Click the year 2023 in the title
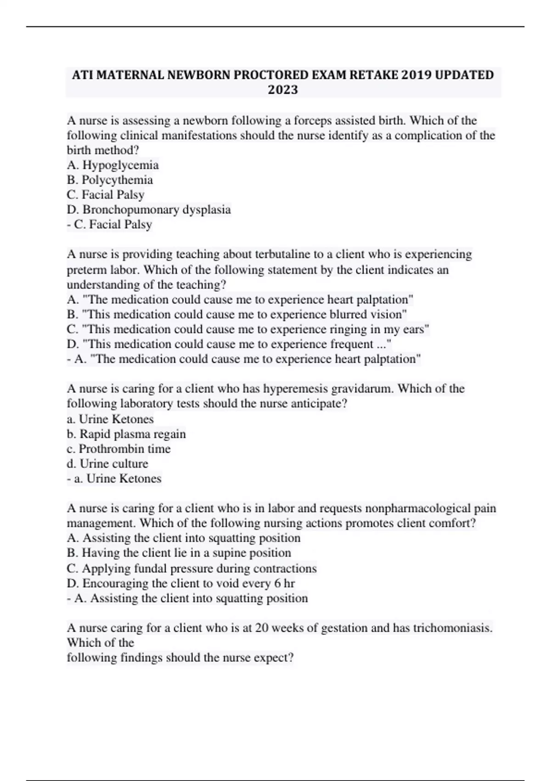point(283,90)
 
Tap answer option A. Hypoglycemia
point(113,165)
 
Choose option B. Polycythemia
point(110,180)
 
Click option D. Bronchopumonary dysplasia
point(149,209)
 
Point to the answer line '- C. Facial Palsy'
point(109,224)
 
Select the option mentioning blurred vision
point(237,314)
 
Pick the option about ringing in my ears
point(248,329)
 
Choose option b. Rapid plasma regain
point(126,434)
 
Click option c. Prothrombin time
point(118,448)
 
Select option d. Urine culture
point(107,464)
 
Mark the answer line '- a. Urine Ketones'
point(114,478)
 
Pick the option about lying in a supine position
point(179,553)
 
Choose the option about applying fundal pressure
point(191,568)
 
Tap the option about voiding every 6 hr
point(181,583)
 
